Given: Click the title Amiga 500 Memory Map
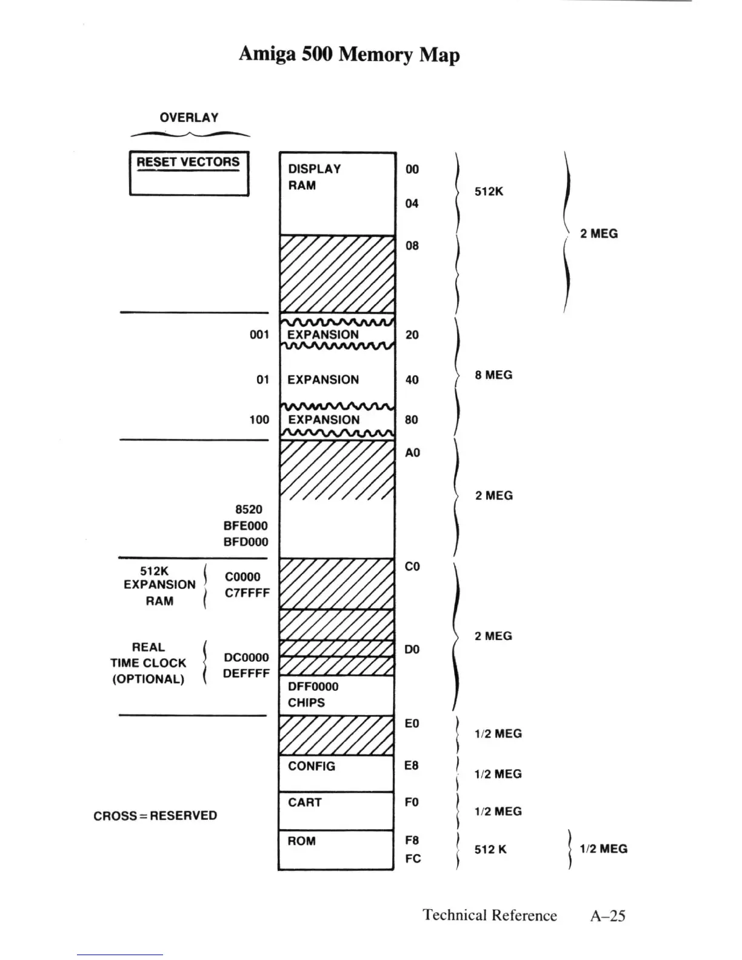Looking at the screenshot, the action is click(x=349, y=54).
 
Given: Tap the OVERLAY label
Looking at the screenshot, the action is click(x=189, y=118).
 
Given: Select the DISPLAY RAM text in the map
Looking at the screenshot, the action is click(x=313, y=177).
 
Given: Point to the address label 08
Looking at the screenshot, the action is click(x=412, y=245).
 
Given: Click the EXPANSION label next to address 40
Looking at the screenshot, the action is click(x=323, y=380).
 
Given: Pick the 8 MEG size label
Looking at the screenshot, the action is click(x=493, y=375).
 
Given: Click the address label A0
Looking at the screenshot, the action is click(x=412, y=453).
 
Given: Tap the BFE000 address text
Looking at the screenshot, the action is click(x=246, y=526).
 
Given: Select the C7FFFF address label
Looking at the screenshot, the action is click(x=247, y=593).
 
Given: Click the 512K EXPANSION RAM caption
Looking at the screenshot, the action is click(x=159, y=585).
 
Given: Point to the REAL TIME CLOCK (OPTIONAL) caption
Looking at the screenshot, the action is click(x=148, y=663).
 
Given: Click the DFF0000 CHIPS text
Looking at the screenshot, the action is click(x=313, y=695).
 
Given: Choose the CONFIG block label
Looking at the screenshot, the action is click(x=312, y=766).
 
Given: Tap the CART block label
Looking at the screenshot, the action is click(x=304, y=802).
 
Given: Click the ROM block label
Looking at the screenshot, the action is click(x=301, y=841).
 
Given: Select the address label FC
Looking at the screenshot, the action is click(x=413, y=859).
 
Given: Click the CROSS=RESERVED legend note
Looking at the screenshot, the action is click(x=155, y=816).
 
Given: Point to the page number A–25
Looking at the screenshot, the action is click(x=607, y=916).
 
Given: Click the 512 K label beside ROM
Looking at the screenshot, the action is click(x=490, y=850).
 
